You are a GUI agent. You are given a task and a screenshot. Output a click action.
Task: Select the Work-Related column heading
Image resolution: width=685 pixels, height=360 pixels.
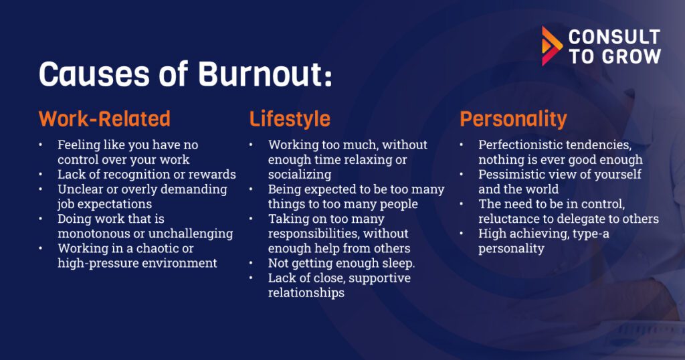104,119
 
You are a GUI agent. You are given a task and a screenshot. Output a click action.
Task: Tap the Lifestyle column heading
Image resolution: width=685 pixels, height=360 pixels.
290,119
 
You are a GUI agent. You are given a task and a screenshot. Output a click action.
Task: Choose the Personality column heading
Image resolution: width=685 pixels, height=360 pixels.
513,119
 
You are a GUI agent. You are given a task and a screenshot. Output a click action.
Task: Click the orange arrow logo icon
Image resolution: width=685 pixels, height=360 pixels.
552,46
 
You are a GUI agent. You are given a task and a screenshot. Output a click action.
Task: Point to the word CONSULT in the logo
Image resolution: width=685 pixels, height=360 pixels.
614,37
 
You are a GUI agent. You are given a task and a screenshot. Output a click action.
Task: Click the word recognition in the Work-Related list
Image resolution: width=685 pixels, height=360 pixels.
130,175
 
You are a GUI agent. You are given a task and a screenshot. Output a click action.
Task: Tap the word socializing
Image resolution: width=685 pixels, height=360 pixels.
300,175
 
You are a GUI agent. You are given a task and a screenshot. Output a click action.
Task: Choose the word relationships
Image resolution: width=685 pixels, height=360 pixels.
306,292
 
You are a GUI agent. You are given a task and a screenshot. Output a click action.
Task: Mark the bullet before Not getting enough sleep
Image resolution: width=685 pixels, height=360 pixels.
252,264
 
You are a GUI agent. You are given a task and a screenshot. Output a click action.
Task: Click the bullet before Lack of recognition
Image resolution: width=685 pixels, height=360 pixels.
41,175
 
